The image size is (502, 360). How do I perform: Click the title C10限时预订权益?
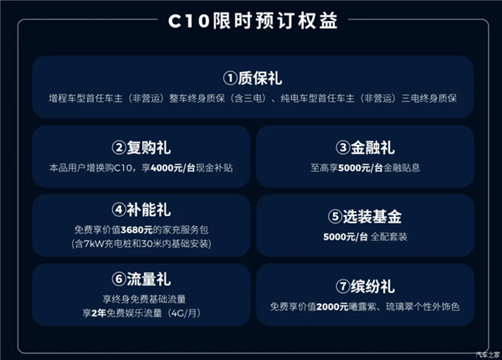[253, 21]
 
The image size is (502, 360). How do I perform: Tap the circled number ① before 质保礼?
[230, 78]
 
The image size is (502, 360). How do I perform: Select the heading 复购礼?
[149, 147]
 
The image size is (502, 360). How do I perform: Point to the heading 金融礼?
[372, 147]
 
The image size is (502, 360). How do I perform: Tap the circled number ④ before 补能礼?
[119, 210]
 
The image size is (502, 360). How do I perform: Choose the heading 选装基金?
[372, 217]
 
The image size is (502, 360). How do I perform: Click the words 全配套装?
[389, 237]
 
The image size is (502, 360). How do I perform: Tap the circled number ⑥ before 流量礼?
[119, 279]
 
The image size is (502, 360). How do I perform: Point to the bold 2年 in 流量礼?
[99, 313]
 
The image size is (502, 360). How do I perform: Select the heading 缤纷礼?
[372, 286]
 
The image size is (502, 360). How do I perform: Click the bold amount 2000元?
[332, 306]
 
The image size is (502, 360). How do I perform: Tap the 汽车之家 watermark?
[488, 354]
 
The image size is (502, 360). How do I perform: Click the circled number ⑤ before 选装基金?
[336, 217]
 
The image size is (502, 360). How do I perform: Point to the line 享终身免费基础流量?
[145, 299]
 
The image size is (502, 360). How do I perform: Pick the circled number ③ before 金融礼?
[343, 147]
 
